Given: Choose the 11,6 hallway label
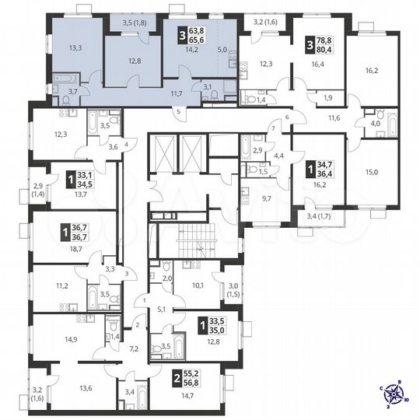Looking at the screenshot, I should point(334,117).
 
